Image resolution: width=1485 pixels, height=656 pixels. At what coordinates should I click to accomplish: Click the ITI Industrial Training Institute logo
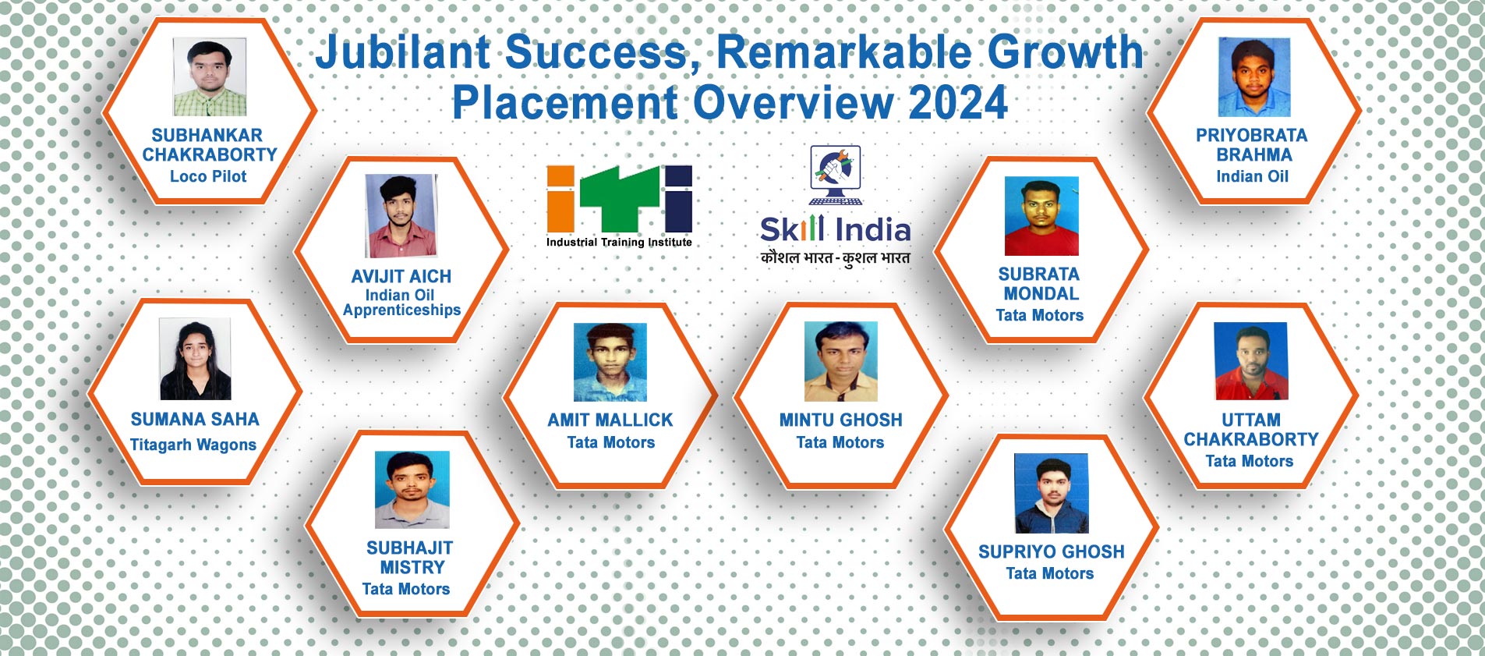point(619,206)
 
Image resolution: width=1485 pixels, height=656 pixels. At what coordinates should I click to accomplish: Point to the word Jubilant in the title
point(404,52)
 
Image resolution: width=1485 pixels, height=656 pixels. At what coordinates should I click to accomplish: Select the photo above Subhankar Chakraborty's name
point(210,76)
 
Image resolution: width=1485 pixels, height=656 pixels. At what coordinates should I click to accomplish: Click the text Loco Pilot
point(208,176)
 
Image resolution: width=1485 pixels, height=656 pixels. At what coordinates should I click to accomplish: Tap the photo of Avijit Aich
point(401,216)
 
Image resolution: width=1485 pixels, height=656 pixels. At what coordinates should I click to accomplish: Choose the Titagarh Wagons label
point(193,445)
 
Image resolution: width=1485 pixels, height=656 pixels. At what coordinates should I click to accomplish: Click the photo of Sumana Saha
point(195,359)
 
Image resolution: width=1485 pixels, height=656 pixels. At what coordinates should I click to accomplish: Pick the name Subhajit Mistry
point(410,558)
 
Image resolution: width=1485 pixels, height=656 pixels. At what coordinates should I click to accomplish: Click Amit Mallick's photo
point(610,362)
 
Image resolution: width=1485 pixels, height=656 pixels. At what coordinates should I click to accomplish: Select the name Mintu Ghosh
point(841,420)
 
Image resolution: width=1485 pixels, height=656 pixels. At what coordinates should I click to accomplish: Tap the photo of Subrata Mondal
point(1041,216)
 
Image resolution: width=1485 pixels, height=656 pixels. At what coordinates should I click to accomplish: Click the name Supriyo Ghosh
point(1052,551)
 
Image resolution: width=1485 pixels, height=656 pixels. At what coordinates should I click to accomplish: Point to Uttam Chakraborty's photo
point(1251,360)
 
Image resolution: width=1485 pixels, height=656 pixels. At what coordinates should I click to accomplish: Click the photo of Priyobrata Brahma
point(1254,77)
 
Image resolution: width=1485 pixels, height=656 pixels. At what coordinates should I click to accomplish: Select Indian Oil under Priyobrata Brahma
point(1253,176)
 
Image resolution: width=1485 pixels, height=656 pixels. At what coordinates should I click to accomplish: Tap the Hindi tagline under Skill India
point(836,258)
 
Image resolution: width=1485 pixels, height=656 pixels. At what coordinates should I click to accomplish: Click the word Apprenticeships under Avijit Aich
point(401,310)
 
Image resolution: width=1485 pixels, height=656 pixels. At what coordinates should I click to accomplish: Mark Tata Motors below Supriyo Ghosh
point(1050,573)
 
